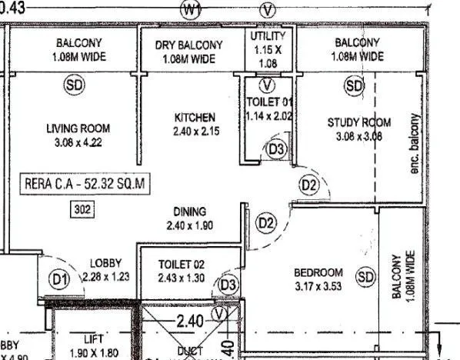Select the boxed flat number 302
click(80, 208)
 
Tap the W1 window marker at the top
click(192, 9)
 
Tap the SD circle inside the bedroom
click(365, 276)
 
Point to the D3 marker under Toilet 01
click(277, 149)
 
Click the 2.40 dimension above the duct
click(189, 322)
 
